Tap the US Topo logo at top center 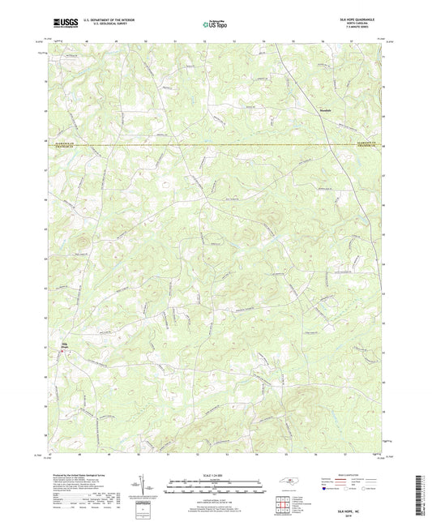213,25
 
